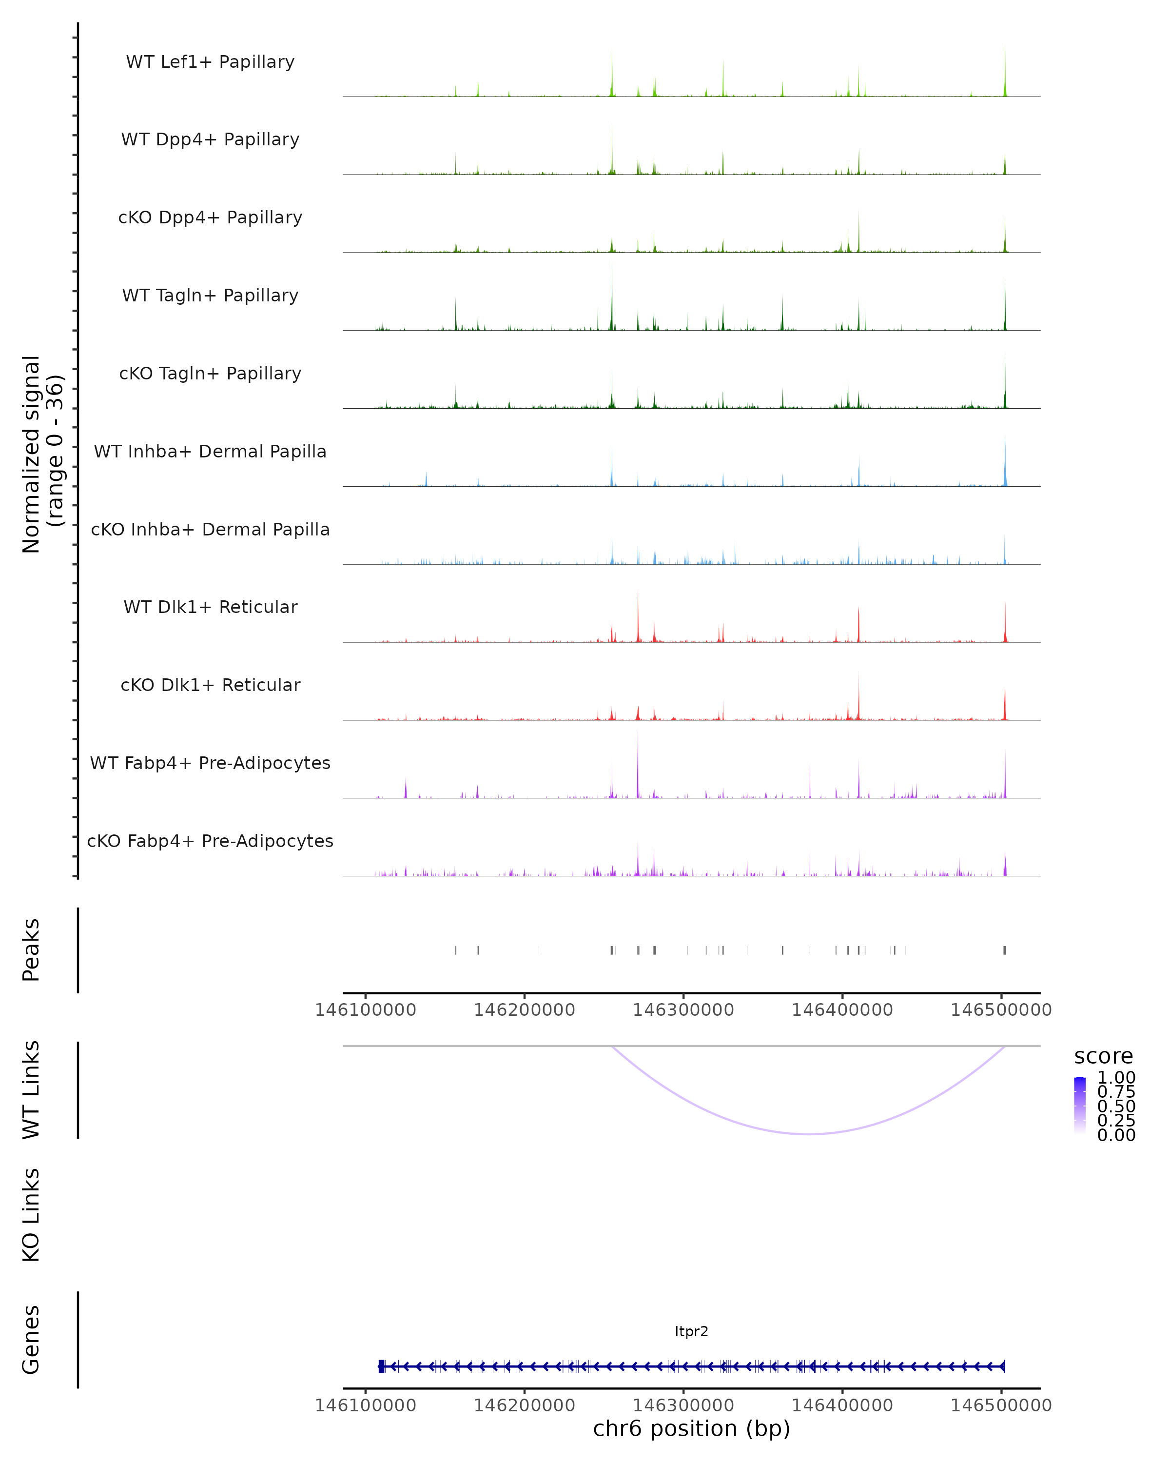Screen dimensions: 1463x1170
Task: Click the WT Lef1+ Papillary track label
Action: pos(210,62)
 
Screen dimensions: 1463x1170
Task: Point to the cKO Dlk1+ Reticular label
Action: pos(210,685)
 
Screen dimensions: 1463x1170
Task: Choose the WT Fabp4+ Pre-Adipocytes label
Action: pos(210,763)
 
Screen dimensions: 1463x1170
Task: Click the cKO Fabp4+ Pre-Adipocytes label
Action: pos(210,841)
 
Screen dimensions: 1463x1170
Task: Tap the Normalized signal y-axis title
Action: pos(42,454)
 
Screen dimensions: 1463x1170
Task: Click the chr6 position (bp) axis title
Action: pos(691,1429)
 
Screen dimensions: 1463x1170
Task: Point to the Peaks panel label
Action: pos(31,950)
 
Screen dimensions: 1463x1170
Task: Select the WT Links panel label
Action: pos(31,1090)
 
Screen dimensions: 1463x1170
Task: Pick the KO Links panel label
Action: pos(31,1215)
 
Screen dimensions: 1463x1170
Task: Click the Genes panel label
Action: pos(31,1340)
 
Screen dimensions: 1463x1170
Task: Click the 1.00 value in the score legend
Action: pos(1116,1078)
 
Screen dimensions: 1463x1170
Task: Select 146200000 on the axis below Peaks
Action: pos(524,1010)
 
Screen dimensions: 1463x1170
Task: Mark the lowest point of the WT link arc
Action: pos(808,1134)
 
